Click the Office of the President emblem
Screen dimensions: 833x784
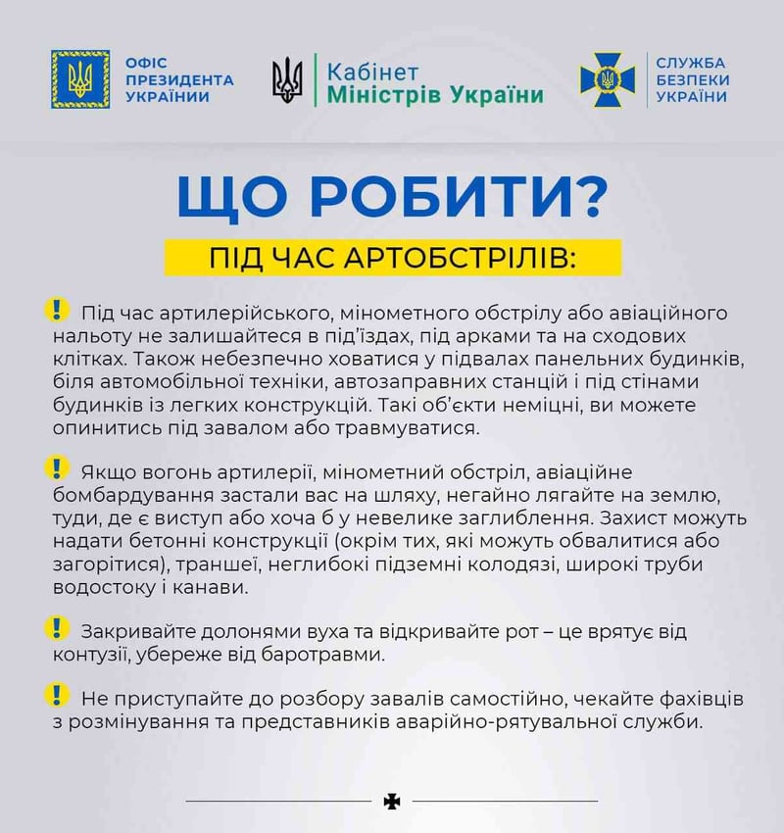[81, 79]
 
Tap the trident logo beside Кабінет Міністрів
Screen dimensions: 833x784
[287, 80]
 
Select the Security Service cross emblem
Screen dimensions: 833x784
[608, 80]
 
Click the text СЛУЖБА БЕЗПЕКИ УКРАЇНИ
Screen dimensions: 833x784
[692, 79]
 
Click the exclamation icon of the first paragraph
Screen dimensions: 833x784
[58, 310]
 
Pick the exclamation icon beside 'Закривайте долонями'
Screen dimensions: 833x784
[58, 625]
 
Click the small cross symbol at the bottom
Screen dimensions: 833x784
[392, 802]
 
